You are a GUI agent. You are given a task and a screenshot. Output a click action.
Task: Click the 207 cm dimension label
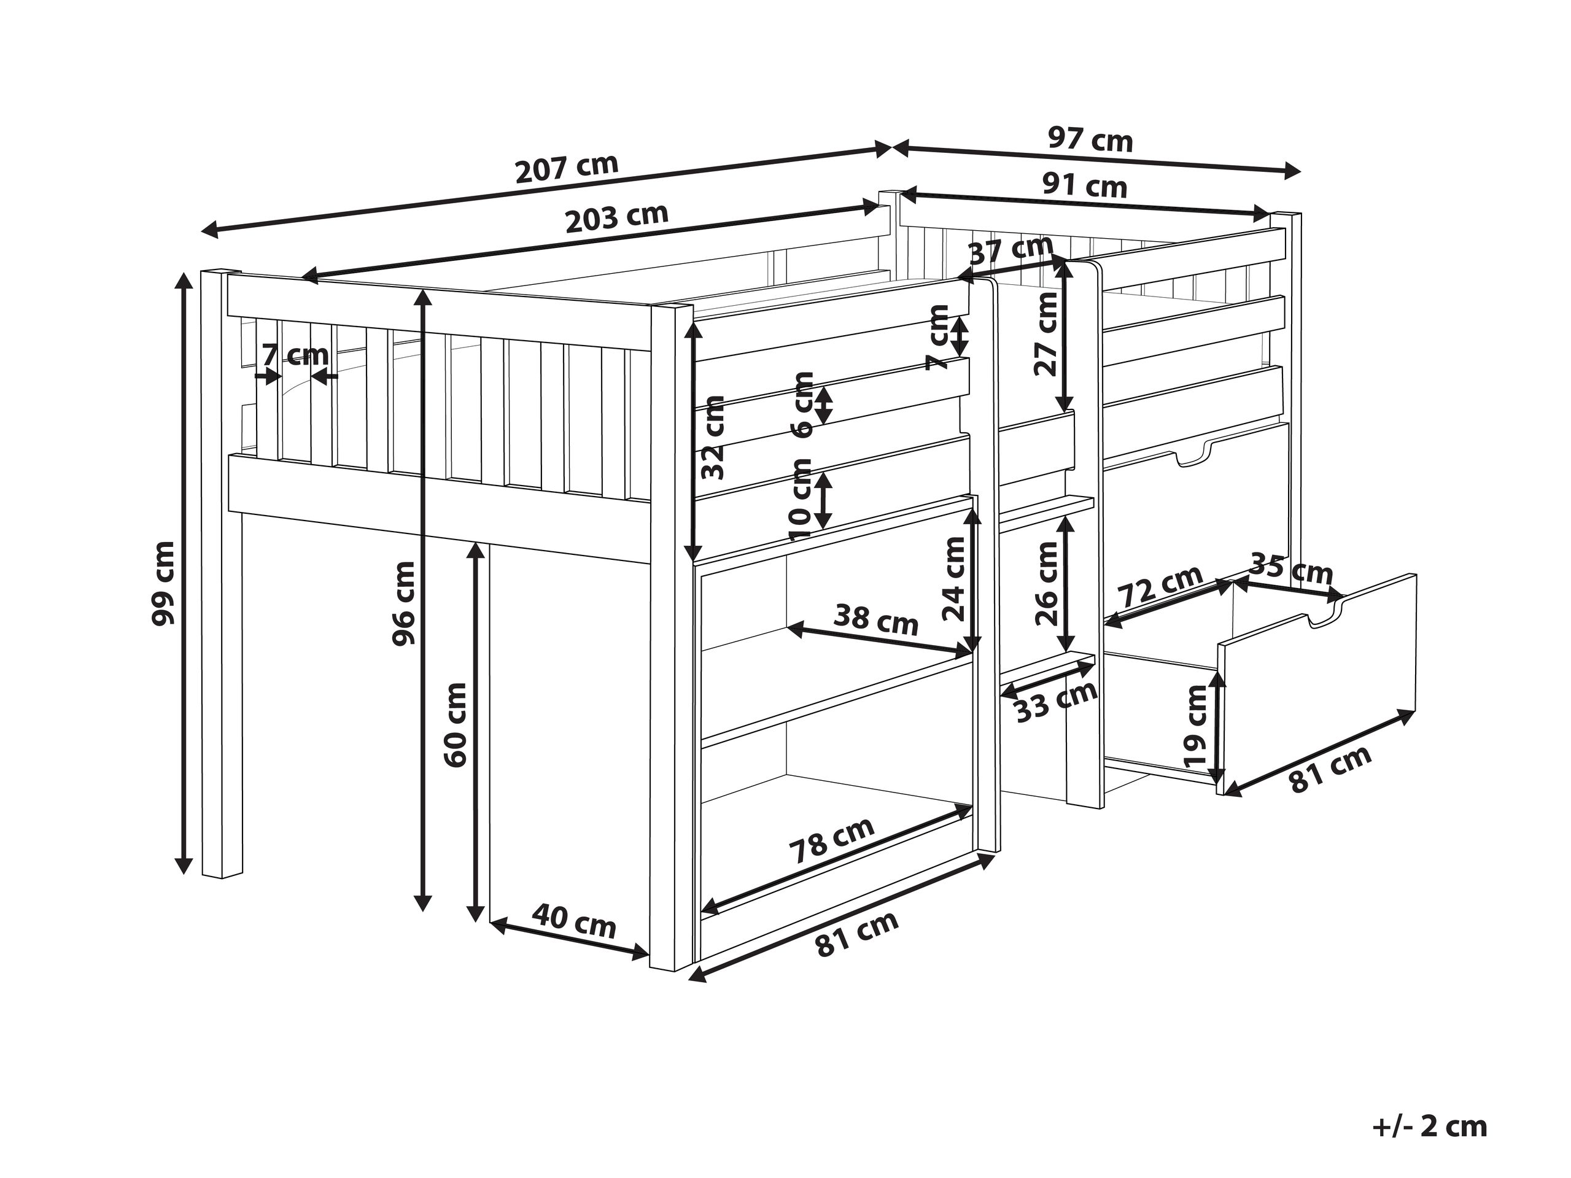566,168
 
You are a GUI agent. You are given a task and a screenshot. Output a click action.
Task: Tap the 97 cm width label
1090,140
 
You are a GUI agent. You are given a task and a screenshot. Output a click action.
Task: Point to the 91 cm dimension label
1085,187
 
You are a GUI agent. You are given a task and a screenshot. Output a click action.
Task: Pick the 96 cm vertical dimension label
403,603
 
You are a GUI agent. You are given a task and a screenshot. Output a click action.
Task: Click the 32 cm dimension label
712,436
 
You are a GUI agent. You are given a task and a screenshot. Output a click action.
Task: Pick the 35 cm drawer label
1290,570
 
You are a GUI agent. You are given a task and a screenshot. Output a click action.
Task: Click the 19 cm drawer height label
1196,725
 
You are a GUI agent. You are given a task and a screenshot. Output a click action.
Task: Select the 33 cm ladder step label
1055,703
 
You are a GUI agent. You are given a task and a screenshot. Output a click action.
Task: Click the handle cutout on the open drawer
1325,611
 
